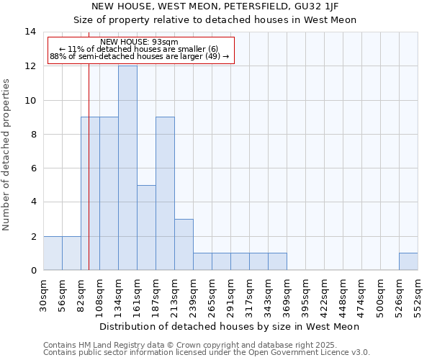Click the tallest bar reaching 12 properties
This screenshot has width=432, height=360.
(x=127, y=168)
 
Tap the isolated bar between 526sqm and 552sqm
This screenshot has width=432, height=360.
(x=408, y=261)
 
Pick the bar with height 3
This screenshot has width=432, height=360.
(x=184, y=245)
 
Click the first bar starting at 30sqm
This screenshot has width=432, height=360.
(x=53, y=253)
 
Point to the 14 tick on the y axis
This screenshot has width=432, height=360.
(x=30, y=32)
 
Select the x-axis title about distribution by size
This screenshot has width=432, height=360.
(x=229, y=326)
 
